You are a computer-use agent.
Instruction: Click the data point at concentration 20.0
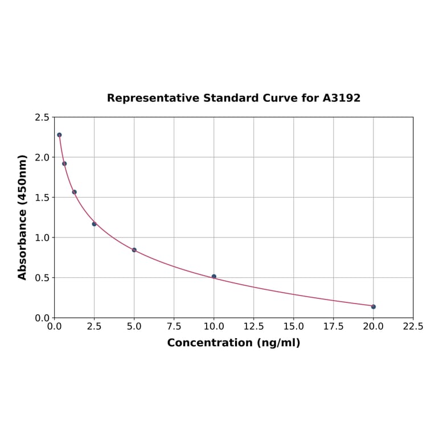[x=374, y=306]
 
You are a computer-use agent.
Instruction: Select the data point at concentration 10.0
[x=214, y=277]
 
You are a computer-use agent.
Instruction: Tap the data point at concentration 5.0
[x=134, y=250]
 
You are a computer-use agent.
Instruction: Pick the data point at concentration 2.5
[x=95, y=224]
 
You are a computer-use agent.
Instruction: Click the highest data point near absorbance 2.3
[x=59, y=135]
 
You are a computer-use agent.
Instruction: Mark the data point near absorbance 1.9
[x=64, y=163]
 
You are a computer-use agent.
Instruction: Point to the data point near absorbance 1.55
[x=75, y=192]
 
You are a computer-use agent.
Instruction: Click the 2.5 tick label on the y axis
[x=42, y=117]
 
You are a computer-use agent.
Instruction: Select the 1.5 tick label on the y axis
[x=42, y=198]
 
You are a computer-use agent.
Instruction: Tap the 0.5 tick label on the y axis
[x=42, y=278]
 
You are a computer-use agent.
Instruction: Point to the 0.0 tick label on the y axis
[x=42, y=318]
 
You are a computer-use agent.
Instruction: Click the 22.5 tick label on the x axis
[x=413, y=327]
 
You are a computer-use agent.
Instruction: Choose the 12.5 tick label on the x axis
[x=253, y=327]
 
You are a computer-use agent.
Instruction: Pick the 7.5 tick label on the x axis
[x=174, y=327]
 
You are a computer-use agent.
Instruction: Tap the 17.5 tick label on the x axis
[x=333, y=327]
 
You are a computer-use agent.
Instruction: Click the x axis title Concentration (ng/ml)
[x=233, y=343]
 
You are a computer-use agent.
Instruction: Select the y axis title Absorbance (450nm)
[x=23, y=217]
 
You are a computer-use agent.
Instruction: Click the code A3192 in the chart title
[x=342, y=98]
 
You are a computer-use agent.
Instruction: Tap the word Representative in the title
[x=151, y=98]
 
